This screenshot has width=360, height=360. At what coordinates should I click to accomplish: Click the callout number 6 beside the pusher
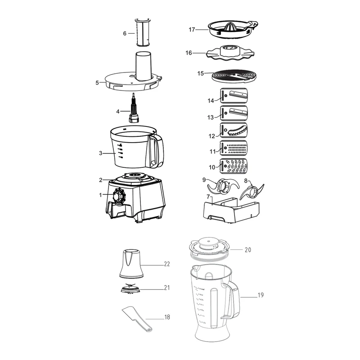[x=125, y=33]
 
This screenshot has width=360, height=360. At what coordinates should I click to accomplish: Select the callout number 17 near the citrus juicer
[x=192, y=30]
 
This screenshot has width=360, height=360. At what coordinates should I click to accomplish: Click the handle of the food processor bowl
[x=155, y=150]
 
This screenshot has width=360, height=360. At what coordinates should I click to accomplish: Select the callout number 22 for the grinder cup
[x=167, y=265]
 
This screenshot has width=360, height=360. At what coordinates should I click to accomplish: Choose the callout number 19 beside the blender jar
[x=261, y=296]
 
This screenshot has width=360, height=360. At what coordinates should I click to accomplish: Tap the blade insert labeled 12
[x=234, y=130]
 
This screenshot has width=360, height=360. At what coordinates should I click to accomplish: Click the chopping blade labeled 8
[x=252, y=192]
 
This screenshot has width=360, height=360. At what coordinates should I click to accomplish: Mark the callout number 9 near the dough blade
[x=204, y=180]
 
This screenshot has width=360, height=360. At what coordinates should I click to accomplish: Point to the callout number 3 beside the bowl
[x=101, y=153]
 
